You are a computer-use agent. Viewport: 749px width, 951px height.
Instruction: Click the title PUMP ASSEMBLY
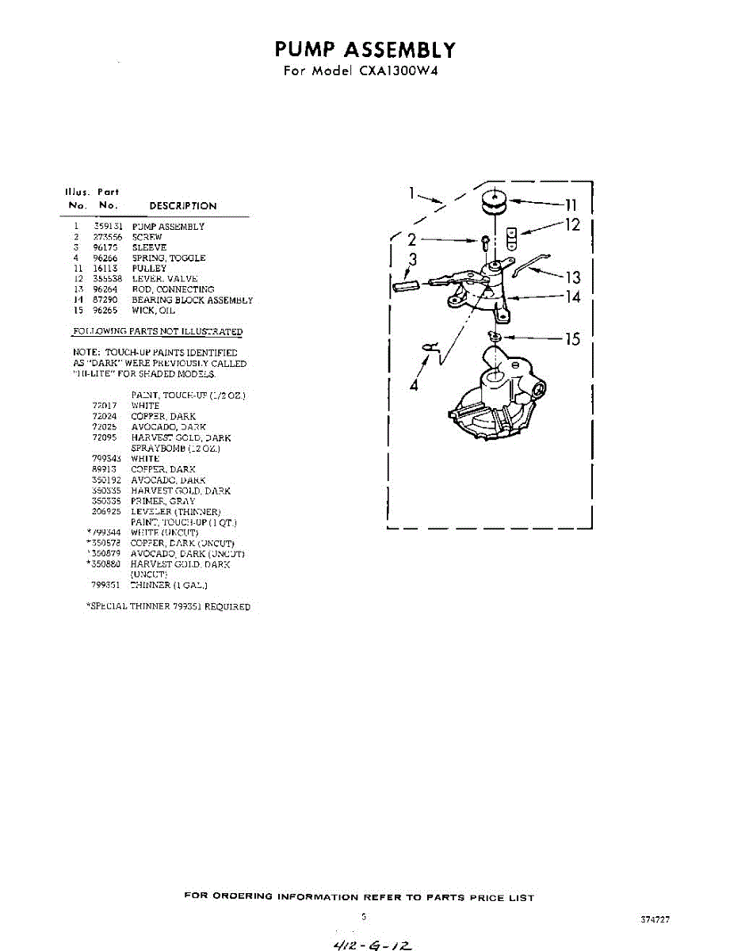coord(365,50)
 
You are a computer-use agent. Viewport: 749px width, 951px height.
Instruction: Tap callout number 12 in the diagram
coord(571,225)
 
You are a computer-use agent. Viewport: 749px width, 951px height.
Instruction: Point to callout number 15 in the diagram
coord(571,339)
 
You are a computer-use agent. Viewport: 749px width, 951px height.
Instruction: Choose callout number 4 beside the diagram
coord(412,386)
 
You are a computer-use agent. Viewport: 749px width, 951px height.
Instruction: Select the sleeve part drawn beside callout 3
coord(405,285)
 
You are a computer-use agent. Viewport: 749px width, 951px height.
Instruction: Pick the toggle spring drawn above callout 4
coord(430,346)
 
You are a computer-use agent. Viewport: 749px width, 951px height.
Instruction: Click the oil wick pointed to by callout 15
coord(495,338)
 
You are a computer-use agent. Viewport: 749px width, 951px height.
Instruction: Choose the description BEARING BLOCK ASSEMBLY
coord(192,300)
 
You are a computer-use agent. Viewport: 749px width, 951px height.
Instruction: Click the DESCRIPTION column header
coord(182,206)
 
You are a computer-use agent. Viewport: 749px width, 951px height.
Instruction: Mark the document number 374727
coord(655,920)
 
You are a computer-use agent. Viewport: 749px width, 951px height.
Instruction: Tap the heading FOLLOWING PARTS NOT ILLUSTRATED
coord(157,331)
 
